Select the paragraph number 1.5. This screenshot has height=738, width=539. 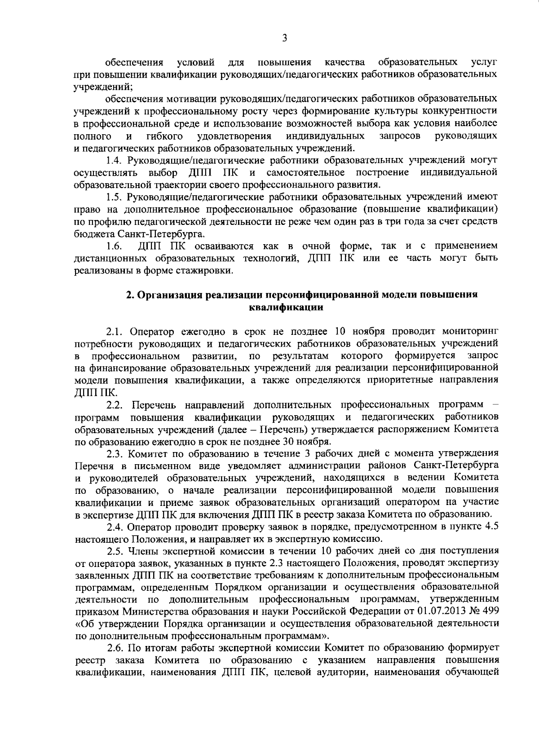click(x=113, y=197)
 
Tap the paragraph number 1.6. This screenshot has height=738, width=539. click(x=113, y=246)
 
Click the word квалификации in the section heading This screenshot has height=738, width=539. click(x=286, y=307)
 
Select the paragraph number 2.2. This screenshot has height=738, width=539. click(x=115, y=405)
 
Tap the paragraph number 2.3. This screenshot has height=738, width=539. click(x=115, y=453)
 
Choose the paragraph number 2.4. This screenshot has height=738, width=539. click(x=115, y=527)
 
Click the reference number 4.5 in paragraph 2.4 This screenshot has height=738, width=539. click(x=489, y=527)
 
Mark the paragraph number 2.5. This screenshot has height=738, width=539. click(x=115, y=551)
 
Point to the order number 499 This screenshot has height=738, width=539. click(x=489, y=611)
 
